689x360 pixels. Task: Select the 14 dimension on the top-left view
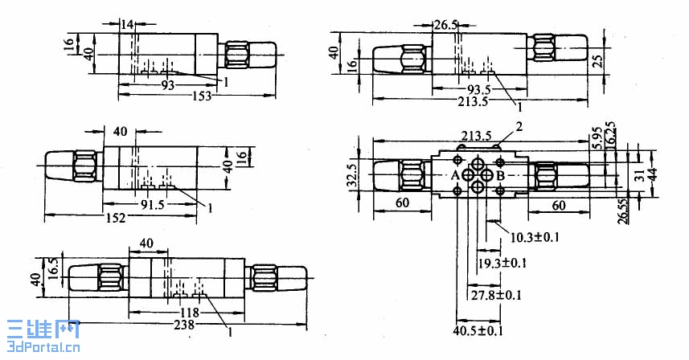click(126, 25)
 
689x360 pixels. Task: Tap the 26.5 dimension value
click(445, 25)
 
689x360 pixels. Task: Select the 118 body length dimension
click(189, 311)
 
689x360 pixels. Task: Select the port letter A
click(455, 175)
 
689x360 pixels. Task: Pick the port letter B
click(499, 175)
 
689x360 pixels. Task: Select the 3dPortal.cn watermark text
click(40, 348)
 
